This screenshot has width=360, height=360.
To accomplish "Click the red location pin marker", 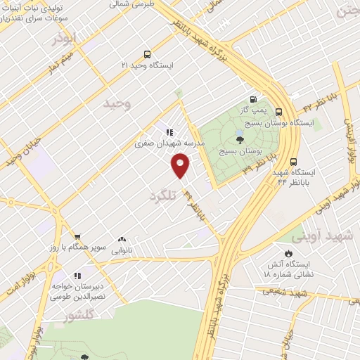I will [181, 166].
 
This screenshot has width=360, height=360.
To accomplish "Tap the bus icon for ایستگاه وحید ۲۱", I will [146, 54].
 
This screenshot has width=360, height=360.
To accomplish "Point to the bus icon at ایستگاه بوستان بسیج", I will [279, 112].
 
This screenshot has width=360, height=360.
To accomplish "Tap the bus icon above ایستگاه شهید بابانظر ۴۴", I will [293, 160].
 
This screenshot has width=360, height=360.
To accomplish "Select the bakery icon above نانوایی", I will [122, 240].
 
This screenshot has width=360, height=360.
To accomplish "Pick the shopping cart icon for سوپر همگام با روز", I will [77, 238].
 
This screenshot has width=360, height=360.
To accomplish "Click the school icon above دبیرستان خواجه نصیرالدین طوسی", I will [77, 275].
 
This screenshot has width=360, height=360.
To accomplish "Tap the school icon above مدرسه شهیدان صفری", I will [169, 131].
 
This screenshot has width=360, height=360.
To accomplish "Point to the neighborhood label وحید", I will [117, 103].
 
